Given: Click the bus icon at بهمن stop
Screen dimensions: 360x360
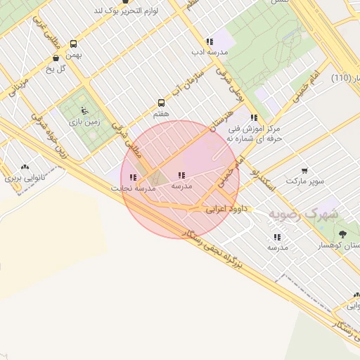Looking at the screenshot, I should tap(73, 44).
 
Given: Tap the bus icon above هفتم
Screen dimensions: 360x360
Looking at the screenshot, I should tap(161, 103).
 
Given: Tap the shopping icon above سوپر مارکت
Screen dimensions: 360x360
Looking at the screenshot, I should tap(304, 170).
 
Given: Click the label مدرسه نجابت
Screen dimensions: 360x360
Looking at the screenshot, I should tap(133, 188).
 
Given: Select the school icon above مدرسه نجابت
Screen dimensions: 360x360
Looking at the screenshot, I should tap(133, 178).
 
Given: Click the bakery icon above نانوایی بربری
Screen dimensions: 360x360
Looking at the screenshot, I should tap(26, 167).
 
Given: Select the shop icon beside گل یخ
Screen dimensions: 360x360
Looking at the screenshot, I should tap(56, 58).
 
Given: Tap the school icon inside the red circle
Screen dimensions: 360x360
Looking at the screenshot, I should tap(181, 176).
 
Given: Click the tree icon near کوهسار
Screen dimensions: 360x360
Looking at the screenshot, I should tap(342, 233).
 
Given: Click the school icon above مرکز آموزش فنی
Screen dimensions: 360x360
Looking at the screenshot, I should tap(253, 118).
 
